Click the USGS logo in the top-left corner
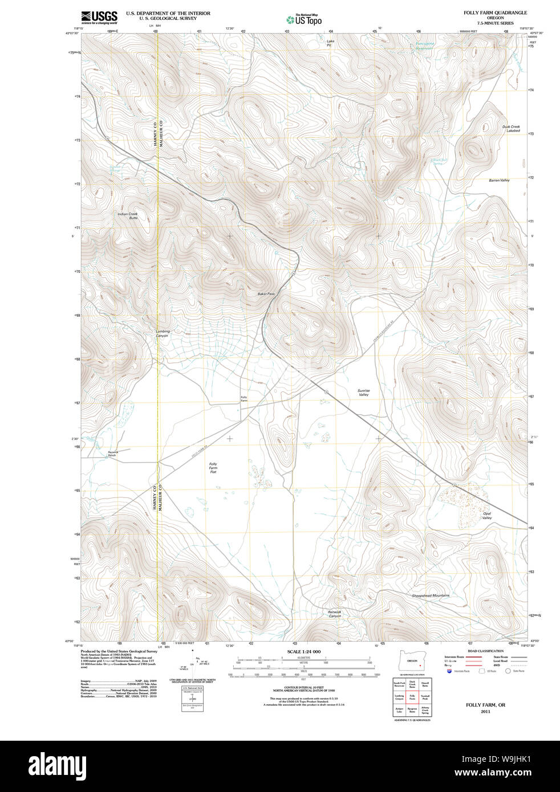coord(99,17)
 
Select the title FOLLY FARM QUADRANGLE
coord(495,13)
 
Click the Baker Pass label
coord(266,294)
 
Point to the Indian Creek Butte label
coord(128,216)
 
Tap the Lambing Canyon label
coord(163,333)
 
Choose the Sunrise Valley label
coord(363,393)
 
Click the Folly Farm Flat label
coord(213,468)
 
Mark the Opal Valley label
coord(486,516)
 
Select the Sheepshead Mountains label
coord(431,595)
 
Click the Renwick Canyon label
coord(335,614)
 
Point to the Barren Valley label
coord(499,180)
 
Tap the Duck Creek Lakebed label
coord(512,129)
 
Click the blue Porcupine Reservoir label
coord(424,46)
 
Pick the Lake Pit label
coord(330,43)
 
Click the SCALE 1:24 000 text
coord(303,651)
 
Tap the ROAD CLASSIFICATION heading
coord(485,651)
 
